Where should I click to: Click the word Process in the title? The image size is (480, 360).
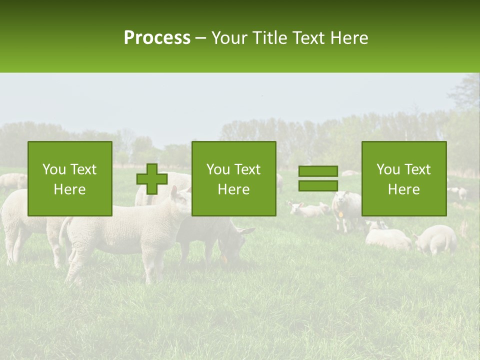click(157, 38)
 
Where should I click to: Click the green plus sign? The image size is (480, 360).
click(152, 178)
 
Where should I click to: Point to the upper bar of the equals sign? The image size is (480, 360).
click(318, 171)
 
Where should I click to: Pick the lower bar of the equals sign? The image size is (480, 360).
click(318, 185)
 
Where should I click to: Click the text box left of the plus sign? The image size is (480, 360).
click(69, 178)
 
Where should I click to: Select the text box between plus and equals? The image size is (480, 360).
click(233, 178)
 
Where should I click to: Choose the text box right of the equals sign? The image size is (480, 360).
click(403, 178)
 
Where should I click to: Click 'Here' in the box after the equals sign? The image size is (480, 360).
click(403, 189)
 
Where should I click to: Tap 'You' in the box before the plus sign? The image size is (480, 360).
click(53, 169)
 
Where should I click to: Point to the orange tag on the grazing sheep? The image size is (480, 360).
click(224, 259)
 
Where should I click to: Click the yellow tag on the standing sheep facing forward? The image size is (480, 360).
click(341, 214)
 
